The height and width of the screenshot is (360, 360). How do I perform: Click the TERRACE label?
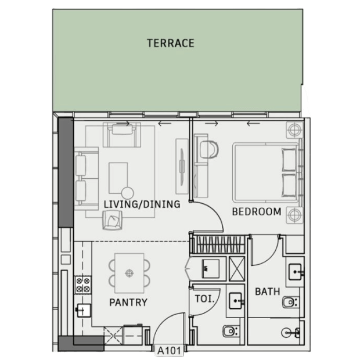[171, 43]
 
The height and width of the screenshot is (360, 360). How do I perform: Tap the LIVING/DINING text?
[142, 204]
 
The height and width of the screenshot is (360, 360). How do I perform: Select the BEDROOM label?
[257, 212]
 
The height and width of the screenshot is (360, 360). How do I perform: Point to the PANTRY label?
[128, 303]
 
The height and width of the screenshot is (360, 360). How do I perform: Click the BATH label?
[268, 291]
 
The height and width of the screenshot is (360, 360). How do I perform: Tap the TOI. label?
[204, 298]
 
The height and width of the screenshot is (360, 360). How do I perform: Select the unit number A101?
[169, 351]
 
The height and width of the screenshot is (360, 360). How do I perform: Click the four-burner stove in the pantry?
[83, 285]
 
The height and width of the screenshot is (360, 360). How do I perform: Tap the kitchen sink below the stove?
[83, 311]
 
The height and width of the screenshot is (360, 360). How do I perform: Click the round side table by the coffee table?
[128, 193]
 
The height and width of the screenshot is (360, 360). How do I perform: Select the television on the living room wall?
[182, 167]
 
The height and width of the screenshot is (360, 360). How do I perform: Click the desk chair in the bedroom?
[209, 149]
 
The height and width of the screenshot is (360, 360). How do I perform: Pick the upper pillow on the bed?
[289, 160]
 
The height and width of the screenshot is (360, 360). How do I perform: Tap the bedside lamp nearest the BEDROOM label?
[294, 215]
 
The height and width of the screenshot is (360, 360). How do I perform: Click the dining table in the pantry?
[129, 273]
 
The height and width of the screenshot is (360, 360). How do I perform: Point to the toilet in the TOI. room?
[231, 331]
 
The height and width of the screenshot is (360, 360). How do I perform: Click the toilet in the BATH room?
[290, 302]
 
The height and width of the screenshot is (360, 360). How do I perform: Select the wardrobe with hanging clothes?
[218, 244]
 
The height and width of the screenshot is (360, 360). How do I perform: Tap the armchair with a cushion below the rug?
[112, 220]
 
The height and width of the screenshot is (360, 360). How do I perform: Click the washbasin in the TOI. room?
[236, 301]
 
